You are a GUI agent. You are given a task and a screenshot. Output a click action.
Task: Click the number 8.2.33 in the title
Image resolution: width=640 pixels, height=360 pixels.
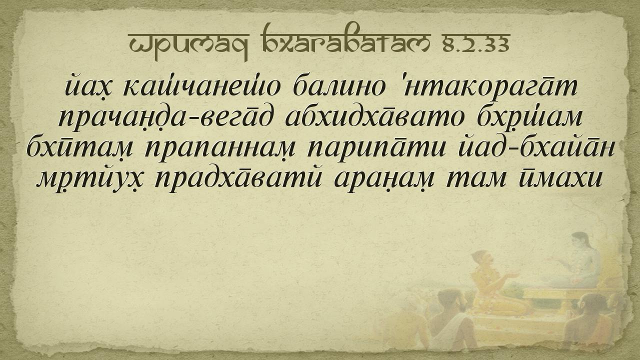(x=476, y=44)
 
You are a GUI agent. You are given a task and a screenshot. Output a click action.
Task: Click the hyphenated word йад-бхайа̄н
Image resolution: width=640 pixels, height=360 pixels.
(x=536, y=147)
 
